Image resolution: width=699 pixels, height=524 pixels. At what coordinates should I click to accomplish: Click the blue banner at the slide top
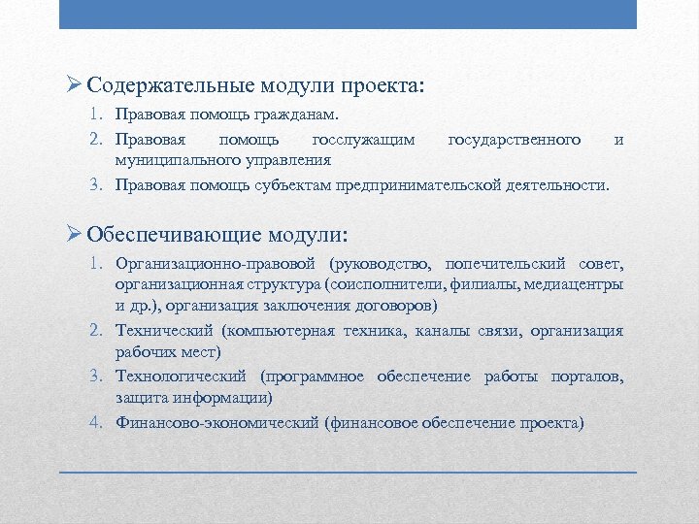click(349, 14)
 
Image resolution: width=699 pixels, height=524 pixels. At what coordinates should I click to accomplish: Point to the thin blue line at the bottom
click(349, 472)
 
